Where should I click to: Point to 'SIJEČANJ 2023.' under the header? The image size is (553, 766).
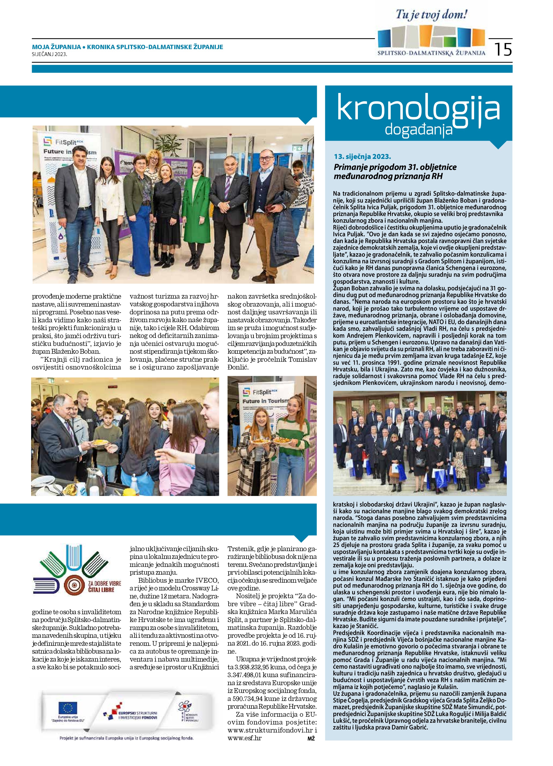coord(50,54)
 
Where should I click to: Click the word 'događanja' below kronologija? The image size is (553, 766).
coord(418,129)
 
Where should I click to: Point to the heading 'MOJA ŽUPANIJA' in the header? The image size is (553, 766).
coord(56,47)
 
